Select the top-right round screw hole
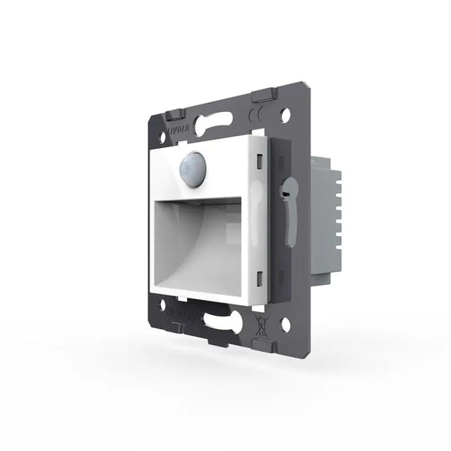(285, 116)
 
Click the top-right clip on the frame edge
(260, 95)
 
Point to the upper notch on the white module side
(259, 160)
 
